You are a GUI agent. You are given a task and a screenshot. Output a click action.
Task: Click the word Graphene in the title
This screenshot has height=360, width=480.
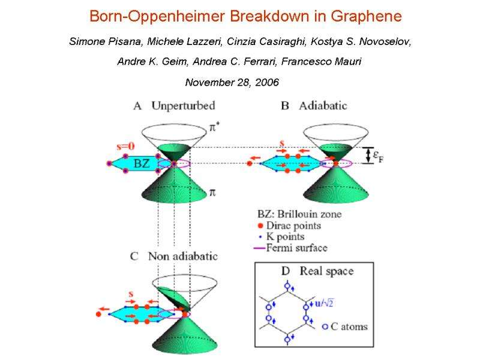[367, 17]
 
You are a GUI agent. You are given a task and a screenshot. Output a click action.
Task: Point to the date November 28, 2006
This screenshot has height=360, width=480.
[232, 82]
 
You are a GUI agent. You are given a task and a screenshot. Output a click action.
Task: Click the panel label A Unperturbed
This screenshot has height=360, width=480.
[174, 106]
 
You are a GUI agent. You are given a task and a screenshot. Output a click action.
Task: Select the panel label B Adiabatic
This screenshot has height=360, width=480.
[314, 106]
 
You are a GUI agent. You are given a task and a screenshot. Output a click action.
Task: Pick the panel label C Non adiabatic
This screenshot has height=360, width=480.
[174, 256]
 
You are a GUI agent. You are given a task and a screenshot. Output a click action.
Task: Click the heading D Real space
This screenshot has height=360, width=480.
[317, 271]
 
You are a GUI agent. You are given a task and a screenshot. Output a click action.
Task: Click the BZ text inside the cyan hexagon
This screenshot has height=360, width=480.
[142, 163]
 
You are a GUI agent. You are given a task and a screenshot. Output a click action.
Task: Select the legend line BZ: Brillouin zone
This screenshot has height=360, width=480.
[300, 214]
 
